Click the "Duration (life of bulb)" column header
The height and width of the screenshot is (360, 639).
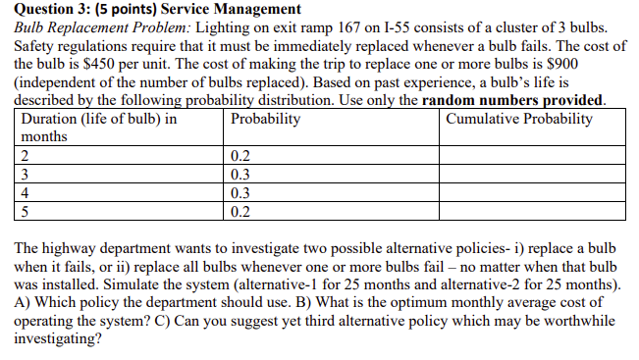pos(98,119)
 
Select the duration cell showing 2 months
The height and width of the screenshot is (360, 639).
pos(24,156)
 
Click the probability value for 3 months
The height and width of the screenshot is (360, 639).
pos(240,175)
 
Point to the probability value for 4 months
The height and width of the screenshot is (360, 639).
pos(240,193)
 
